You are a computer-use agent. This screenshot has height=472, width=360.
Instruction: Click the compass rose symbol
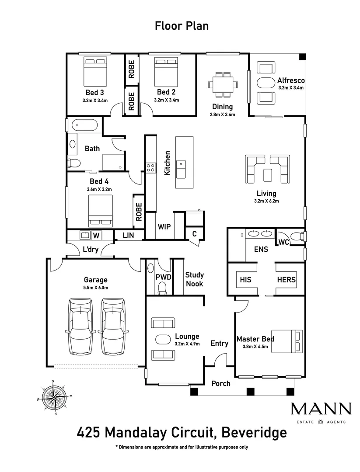54,397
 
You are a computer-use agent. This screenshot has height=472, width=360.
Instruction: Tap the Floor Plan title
182,26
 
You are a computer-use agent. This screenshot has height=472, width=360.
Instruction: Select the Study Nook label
194,279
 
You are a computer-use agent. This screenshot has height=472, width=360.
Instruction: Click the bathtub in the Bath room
84,125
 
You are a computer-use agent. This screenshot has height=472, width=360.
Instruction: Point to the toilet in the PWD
162,287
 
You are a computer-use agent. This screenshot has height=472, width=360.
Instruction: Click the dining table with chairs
223,84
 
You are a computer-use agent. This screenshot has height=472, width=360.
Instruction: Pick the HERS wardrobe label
286,280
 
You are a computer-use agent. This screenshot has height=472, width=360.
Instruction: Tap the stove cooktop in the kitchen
150,167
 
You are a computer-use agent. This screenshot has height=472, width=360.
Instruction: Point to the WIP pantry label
164,227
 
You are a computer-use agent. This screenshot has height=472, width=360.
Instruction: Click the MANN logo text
321,409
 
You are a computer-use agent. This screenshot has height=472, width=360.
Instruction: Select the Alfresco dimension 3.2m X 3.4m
291,87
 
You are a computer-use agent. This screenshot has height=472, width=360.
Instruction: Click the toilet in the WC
298,236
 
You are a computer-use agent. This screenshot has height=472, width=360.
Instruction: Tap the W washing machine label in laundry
96,236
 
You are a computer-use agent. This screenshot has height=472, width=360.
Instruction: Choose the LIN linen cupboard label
128,236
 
